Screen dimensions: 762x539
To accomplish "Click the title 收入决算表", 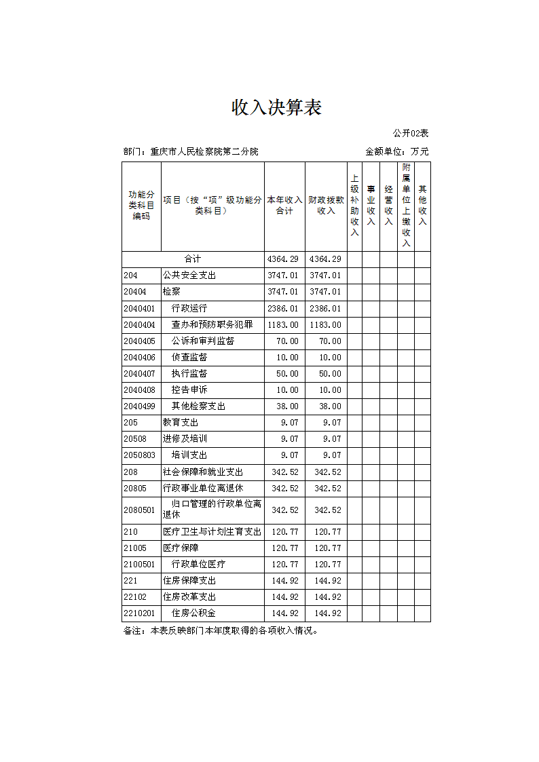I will click(x=276, y=108).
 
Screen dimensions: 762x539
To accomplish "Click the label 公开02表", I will click(x=411, y=133).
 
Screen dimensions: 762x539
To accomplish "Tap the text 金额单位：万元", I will click(x=396, y=151).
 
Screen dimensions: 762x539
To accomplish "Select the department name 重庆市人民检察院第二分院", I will click(x=204, y=151).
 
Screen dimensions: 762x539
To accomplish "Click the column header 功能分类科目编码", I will click(x=141, y=206).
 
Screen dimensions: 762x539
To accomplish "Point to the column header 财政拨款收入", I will click(x=326, y=206).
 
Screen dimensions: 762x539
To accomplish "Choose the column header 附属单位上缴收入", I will click(x=406, y=205).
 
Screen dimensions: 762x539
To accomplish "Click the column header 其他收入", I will click(x=422, y=206).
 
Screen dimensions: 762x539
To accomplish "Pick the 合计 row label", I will click(x=193, y=259).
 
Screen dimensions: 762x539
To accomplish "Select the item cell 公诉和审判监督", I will click(x=202, y=341).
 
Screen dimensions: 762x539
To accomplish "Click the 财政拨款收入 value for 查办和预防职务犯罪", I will click(x=325, y=325).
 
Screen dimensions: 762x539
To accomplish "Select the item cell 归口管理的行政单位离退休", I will click(x=212, y=510).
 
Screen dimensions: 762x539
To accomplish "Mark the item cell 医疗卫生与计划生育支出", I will click(x=212, y=532).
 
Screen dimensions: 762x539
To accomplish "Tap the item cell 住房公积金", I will click(x=193, y=613).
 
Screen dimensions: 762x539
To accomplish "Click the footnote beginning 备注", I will click(x=221, y=630).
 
